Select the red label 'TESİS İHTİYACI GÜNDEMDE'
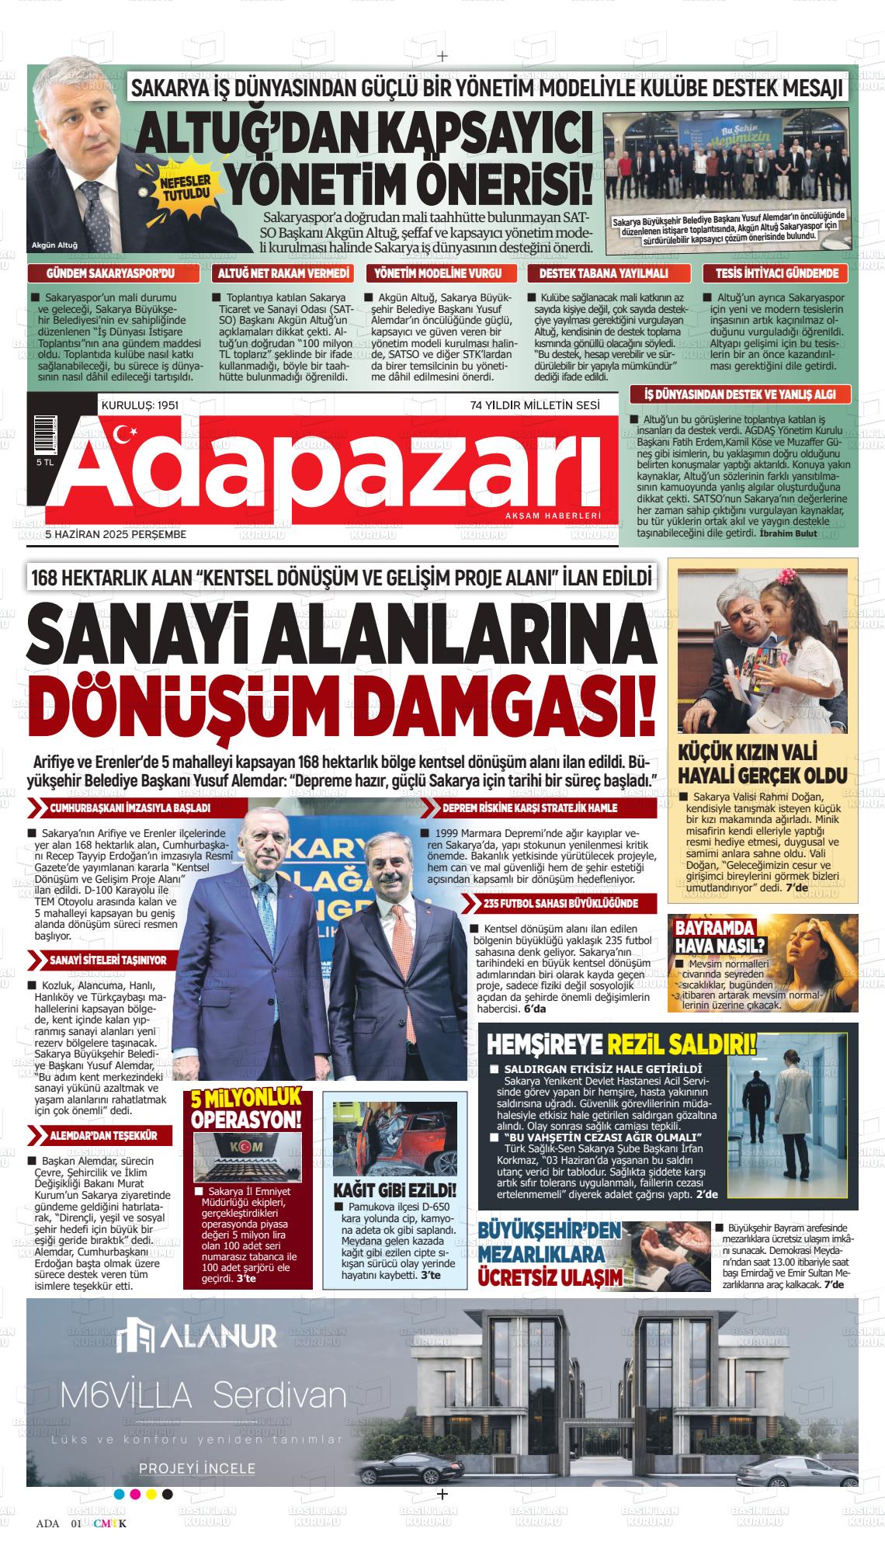[x=776, y=273]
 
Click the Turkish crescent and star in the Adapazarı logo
[x=125, y=436]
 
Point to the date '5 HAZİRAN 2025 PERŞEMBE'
[x=116, y=535]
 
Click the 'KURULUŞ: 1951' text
[x=141, y=405]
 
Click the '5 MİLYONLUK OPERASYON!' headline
[x=246, y=1110]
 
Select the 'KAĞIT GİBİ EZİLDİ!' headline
[x=394, y=1190]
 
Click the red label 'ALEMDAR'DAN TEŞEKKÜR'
[x=103, y=1135]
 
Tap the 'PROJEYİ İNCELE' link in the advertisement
[x=196, y=1447]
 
